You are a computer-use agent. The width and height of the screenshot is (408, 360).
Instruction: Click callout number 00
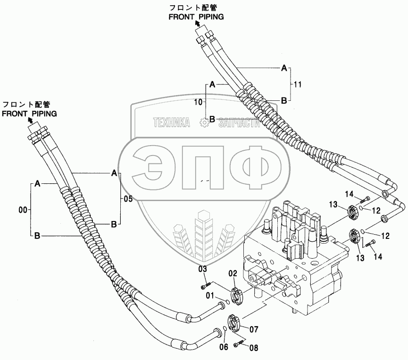(x=22, y=210)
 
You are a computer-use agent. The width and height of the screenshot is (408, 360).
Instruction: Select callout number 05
(x=128, y=199)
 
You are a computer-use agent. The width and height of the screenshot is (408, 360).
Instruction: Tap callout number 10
(x=198, y=101)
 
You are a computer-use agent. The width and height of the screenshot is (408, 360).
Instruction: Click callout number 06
(x=224, y=347)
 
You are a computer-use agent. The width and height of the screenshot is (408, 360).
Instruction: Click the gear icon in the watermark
(x=204, y=123)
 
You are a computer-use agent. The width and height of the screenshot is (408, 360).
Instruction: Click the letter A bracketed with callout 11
(x=284, y=68)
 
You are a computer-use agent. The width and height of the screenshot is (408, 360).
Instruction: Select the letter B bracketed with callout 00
(x=37, y=235)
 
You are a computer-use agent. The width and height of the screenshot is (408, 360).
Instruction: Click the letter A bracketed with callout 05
(x=114, y=173)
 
